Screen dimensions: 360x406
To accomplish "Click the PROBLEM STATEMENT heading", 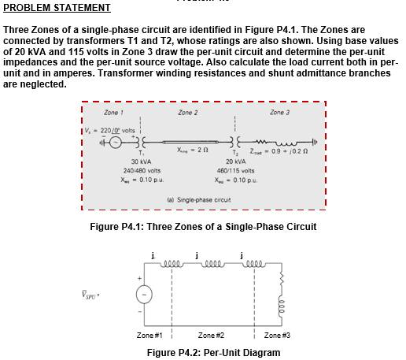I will pyautogui.click(x=57, y=9).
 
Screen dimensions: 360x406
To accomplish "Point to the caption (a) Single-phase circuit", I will pyautogui.click(x=204, y=200).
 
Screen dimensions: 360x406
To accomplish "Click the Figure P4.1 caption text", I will pyautogui.click(x=204, y=227).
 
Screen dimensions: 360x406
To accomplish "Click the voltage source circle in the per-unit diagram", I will pyautogui.click(x=142, y=294).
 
